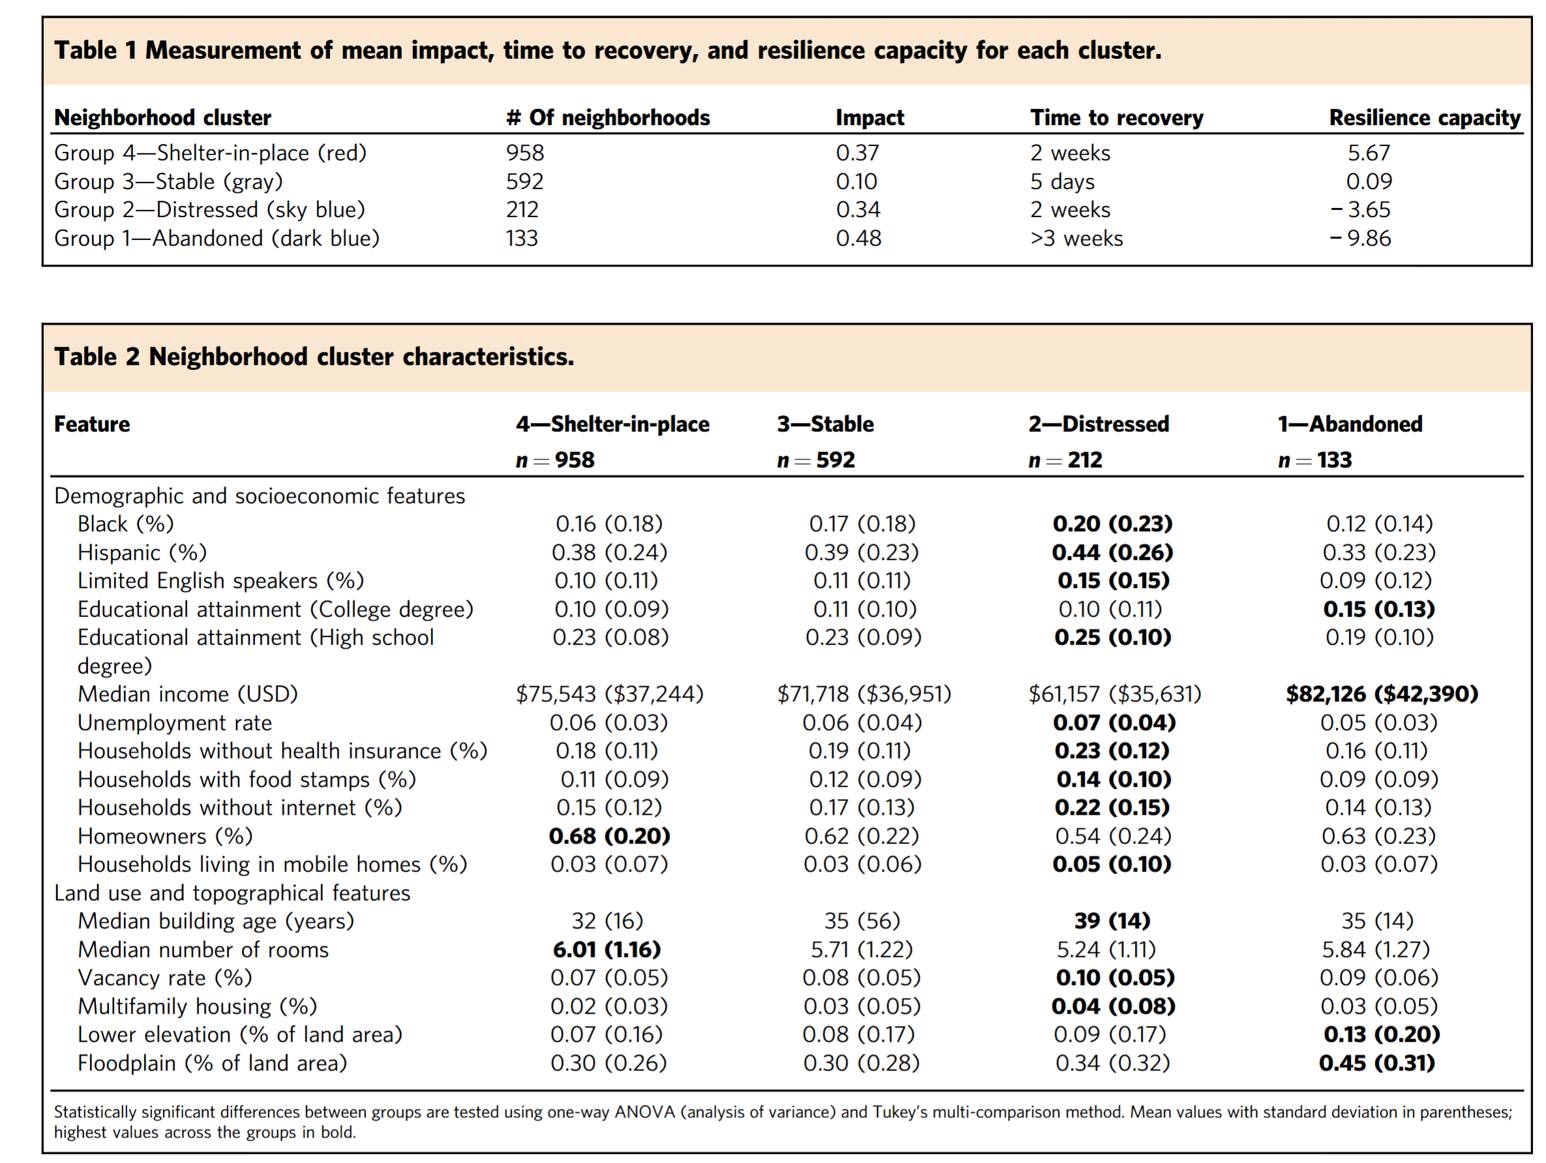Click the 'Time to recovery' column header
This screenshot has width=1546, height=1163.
pyautogui.click(x=1116, y=117)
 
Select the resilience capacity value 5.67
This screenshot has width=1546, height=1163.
pyautogui.click(x=1369, y=153)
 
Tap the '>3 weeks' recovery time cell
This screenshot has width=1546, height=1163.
pyautogui.click(x=1076, y=238)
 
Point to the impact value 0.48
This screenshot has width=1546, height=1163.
pyautogui.click(x=858, y=238)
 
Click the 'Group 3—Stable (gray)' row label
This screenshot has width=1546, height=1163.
pyautogui.click(x=168, y=182)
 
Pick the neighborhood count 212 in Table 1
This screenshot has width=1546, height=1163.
pyautogui.click(x=522, y=209)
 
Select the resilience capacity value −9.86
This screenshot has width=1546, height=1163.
pyautogui.click(x=1360, y=238)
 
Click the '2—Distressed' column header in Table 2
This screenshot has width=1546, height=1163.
pyautogui.click(x=1099, y=424)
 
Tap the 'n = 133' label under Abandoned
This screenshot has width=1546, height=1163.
pyautogui.click(x=1314, y=460)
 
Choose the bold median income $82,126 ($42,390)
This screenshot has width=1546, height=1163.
pyautogui.click(x=1382, y=694)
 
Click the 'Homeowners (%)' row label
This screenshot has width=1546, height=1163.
pyautogui.click(x=165, y=836)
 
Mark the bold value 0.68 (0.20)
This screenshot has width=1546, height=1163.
pyautogui.click(x=609, y=836)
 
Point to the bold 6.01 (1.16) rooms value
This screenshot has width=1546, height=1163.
pyautogui.click(x=607, y=950)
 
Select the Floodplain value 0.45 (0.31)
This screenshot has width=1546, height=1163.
pyautogui.click(x=1377, y=1063)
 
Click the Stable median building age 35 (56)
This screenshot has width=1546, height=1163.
pyautogui.click(x=862, y=921)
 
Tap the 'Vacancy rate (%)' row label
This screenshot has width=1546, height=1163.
pyautogui.click(x=165, y=978)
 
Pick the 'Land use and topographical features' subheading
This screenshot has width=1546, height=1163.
pyautogui.click(x=232, y=893)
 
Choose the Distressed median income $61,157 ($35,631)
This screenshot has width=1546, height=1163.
pyautogui.click(x=1115, y=694)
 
